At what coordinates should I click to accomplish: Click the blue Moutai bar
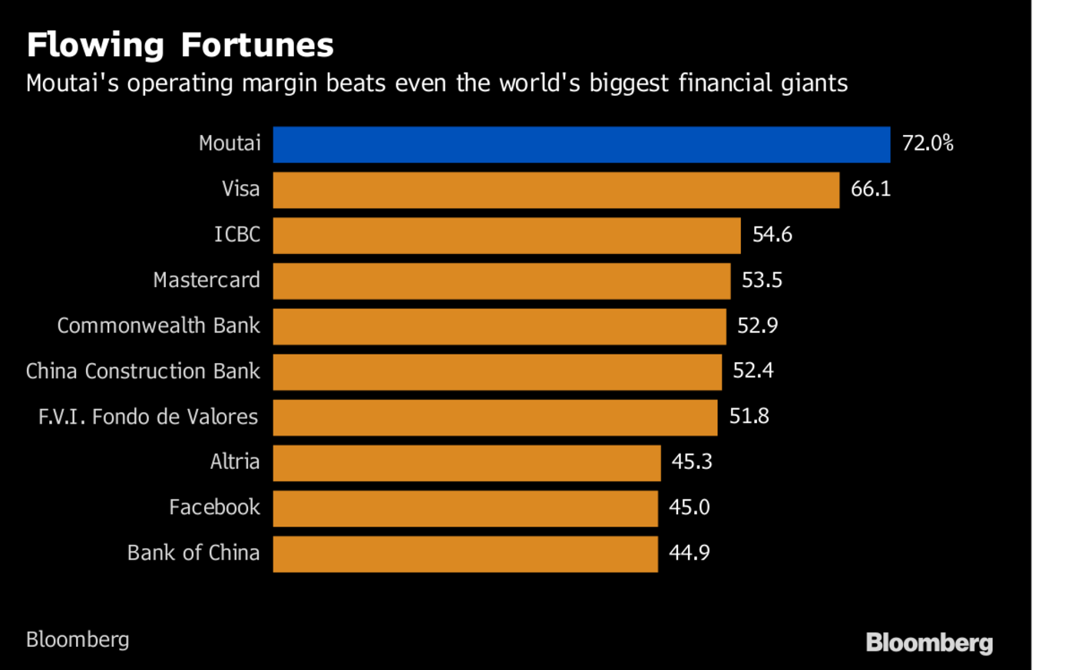point(581,144)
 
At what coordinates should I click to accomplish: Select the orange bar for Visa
point(556,190)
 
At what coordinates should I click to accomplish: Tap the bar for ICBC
point(507,235)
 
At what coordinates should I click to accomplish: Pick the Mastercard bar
point(501,281)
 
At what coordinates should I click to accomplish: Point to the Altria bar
point(467,463)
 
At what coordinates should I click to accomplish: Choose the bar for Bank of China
point(465,554)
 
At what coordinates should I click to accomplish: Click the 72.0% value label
point(928,144)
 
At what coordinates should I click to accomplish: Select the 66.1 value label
point(871,189)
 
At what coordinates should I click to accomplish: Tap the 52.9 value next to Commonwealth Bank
point(757,325)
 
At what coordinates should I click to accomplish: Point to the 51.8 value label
point(749,417)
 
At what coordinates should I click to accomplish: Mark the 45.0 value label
point(689,507)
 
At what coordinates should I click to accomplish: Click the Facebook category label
point(214,507)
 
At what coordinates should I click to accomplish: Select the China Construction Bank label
point(143,371)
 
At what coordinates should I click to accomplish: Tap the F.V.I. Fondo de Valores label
point(148,417)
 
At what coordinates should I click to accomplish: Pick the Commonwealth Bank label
point(158,325)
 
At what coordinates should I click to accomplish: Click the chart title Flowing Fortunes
point(180,45)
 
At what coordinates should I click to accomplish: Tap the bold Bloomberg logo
point(929,643)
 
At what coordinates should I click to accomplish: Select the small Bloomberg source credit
point(78,639)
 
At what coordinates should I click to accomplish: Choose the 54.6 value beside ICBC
point(772,235)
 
